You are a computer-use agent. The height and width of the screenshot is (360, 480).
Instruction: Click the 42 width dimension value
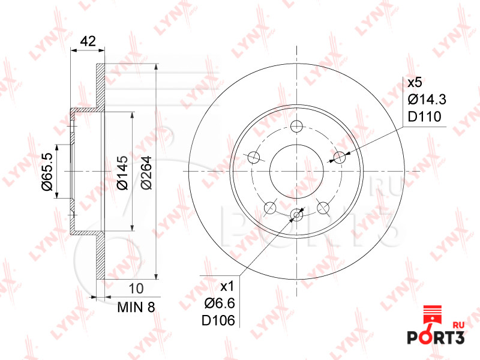(88, 41)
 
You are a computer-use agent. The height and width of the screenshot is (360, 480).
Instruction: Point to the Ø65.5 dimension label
(47, 172)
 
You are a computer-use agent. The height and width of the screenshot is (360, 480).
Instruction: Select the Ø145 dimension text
(122, 173)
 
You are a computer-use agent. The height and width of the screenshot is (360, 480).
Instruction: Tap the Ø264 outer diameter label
(146, 173)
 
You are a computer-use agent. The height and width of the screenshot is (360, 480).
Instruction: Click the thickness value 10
(136, 289)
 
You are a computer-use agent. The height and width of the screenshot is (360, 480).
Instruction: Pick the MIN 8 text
(136, 307)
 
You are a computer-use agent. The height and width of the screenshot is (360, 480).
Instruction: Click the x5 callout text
(415, 82)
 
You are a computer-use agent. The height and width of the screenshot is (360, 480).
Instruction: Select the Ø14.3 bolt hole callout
(427, 100)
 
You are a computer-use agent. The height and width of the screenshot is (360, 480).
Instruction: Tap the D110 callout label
(425, 116)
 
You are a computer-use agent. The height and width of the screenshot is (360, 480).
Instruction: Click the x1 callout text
(227, 287)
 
